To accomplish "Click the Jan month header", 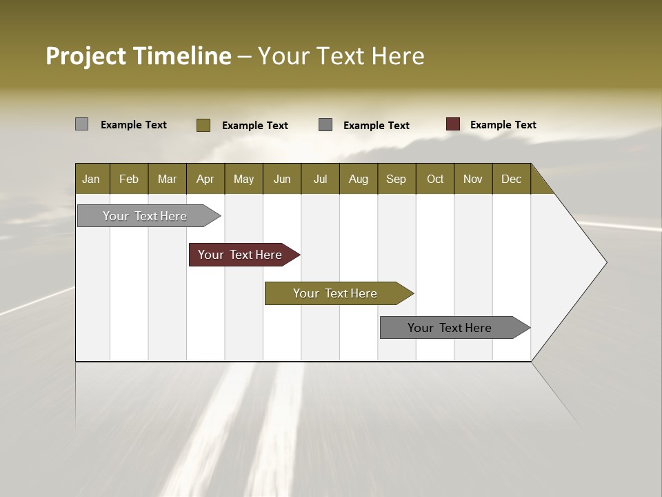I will coord(91,179).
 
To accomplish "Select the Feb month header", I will coord(129,179).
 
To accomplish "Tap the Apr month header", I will coord(205,179).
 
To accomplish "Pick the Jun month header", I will coord(282,179).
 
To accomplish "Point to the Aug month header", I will coord(358,179).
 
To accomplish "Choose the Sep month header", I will coord(396,179).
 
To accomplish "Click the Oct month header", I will coord(435,179).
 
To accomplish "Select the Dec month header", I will coord(511,179).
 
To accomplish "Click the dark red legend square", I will coord(453,124).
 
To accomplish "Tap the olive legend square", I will coord(203,125).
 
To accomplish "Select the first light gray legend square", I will coord(81,124).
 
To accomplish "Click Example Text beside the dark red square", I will coord(503,124).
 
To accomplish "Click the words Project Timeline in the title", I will coord(138,56).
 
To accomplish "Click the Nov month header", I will coord(473,179).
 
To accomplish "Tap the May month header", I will coord(243,179).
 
